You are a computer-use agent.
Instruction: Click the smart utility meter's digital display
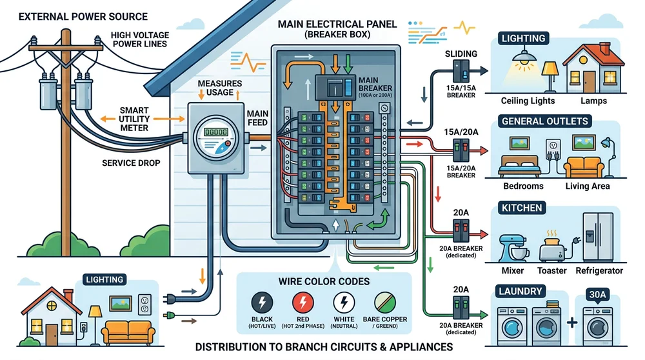pos(215,132)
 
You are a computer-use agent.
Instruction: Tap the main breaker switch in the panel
pos(334,87)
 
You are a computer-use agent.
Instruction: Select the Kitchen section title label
pos(522,208)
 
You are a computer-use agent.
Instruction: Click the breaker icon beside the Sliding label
pos(460,70)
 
